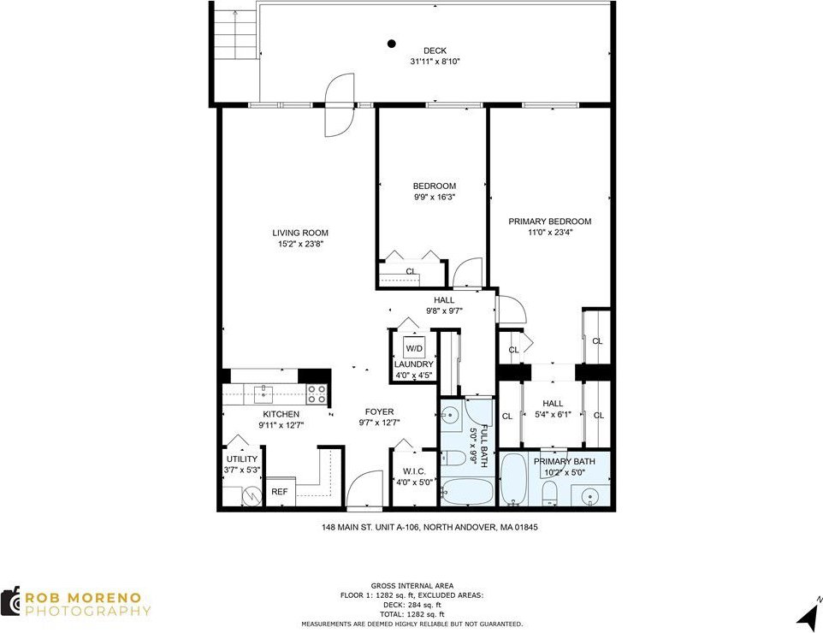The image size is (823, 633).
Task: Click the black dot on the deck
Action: coord(392,44)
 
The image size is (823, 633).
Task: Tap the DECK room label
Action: coord(435,51)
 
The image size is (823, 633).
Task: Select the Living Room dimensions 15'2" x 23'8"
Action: coord(300,244)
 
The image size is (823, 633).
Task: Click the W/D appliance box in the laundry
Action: coord(414,348)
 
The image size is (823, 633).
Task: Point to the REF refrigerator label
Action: coord(279,492)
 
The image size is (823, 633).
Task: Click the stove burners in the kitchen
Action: coord(317,393)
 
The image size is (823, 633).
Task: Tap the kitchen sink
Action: coord(263,392)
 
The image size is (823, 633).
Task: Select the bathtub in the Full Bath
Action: coord(466,491)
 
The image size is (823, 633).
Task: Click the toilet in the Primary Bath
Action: coord(549,494)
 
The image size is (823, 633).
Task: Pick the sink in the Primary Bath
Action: coord(591,495)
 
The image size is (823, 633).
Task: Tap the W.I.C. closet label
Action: coord(414,471)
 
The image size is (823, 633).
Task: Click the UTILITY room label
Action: coord(242,458)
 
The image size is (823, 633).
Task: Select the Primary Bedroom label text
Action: coord(549,222)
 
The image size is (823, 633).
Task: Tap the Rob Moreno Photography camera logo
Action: coord(10,601)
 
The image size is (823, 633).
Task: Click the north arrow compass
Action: coord(808,614)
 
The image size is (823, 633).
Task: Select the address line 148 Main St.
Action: coord(429,527)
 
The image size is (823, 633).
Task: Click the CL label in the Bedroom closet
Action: coord(411,271)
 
